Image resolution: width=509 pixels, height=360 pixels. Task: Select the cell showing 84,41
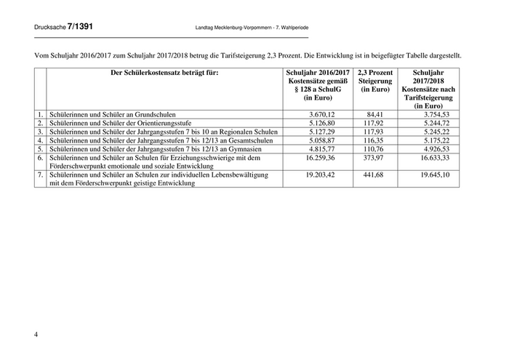(374, 115)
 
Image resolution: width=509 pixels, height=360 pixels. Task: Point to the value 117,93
(374, 132)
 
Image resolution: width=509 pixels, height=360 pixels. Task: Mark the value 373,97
(374, 158)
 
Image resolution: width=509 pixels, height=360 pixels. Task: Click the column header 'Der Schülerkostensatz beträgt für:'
(164, 73)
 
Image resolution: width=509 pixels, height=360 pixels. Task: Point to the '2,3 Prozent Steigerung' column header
(374, 78)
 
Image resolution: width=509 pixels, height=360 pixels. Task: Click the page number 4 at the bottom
(36, 334)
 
